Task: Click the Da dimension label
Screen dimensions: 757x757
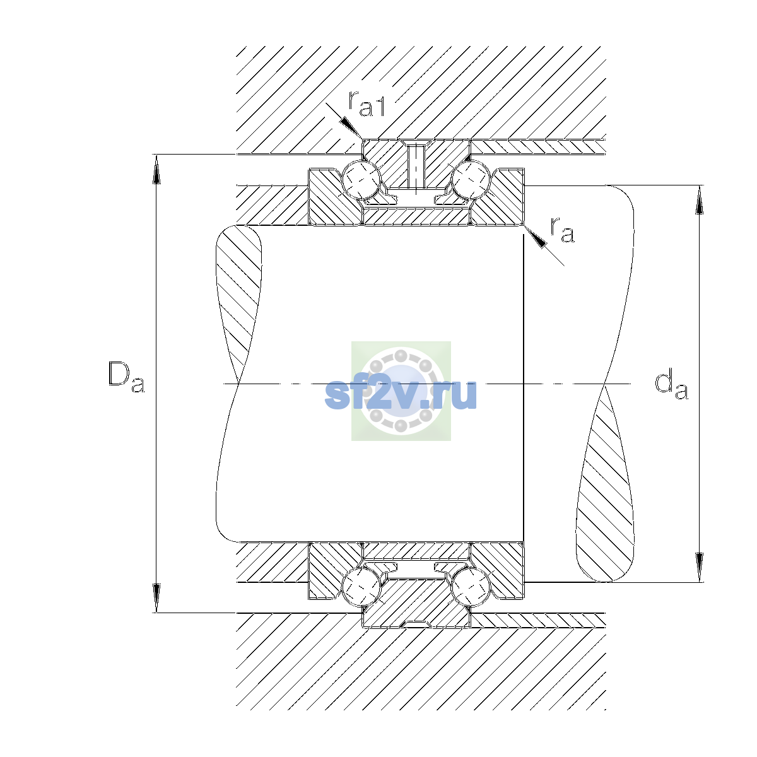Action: (x=126, y=377)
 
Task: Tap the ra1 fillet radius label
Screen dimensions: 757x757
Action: (x=367, y=104)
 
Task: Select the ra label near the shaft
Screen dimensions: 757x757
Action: (x=562, y=230)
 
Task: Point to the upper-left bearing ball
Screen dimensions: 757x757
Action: (x=361, y=180)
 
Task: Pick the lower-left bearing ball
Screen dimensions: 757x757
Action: (x=361, y=587)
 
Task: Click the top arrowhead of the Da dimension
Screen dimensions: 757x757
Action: (x=156, y=169)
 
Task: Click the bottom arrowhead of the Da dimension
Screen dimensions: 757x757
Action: (x=156, y=598)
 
